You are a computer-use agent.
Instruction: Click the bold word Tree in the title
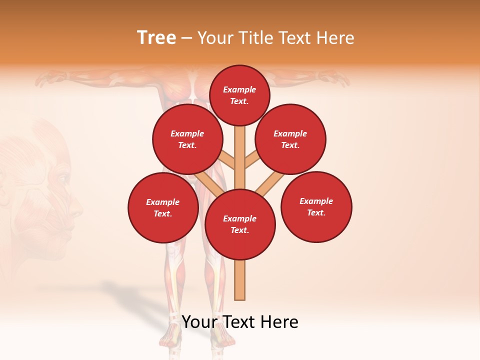pos(156,38)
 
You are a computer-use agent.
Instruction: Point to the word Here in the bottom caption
pos(278,322)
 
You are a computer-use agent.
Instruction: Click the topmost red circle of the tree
pos(239,95)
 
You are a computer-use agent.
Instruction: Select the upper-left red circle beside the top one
pos(187,139)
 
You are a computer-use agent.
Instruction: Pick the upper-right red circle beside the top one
pos(290,139)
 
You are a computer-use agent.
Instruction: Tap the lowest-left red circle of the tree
pos(163,207)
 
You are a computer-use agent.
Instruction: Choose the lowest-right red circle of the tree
pos(316,206)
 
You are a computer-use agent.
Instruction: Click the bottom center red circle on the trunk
pos(240,224)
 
